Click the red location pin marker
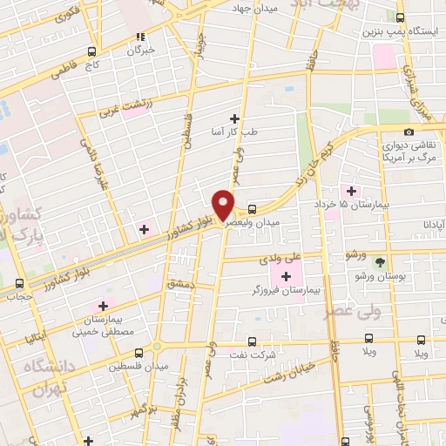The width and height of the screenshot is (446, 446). click(224, 203)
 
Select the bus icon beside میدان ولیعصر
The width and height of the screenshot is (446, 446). click(252, 209)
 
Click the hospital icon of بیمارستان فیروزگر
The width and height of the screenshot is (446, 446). click(286, 276)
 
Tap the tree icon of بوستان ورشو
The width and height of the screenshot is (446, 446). click(379, 260)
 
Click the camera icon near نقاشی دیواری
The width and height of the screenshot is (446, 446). click(409, 132)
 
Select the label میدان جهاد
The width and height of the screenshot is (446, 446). click(253, 8)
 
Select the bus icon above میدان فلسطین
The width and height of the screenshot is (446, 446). click(140, 353)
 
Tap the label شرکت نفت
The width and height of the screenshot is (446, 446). click(253, 355)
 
